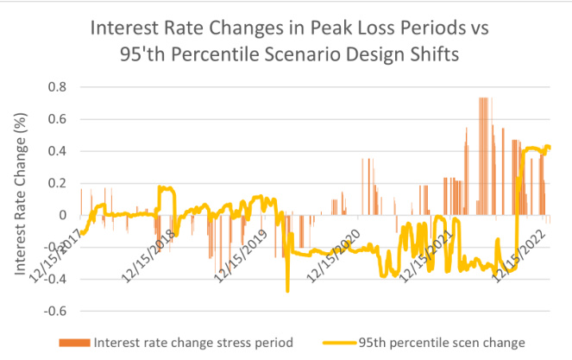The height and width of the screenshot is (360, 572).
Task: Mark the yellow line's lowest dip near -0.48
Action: [x=287, y=290]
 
